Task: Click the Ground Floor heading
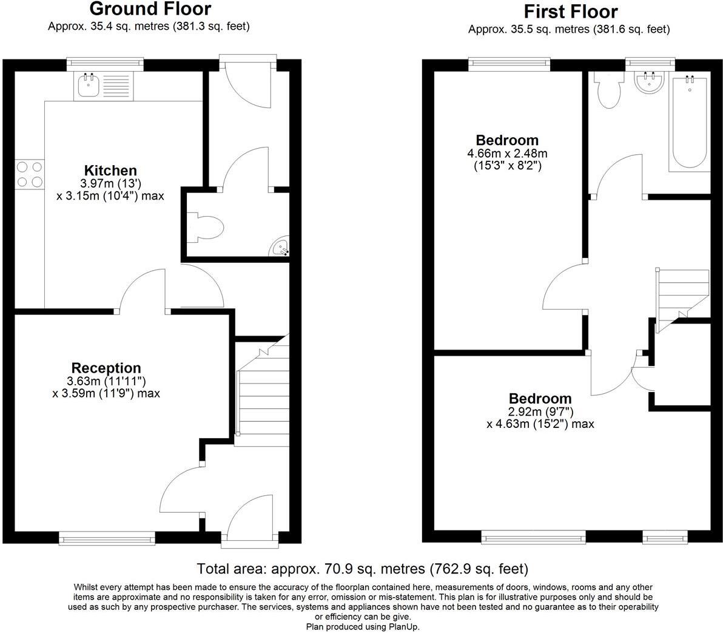click(150, 9)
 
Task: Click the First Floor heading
click(570, 12)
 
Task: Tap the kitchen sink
click(89, 86)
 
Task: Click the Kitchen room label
click(110, 171)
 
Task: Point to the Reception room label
click(106, 368)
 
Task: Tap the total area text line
click(362, 569)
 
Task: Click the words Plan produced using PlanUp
click(362, 627)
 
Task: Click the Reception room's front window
click(107, 537)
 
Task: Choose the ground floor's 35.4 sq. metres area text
click(149, 26)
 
